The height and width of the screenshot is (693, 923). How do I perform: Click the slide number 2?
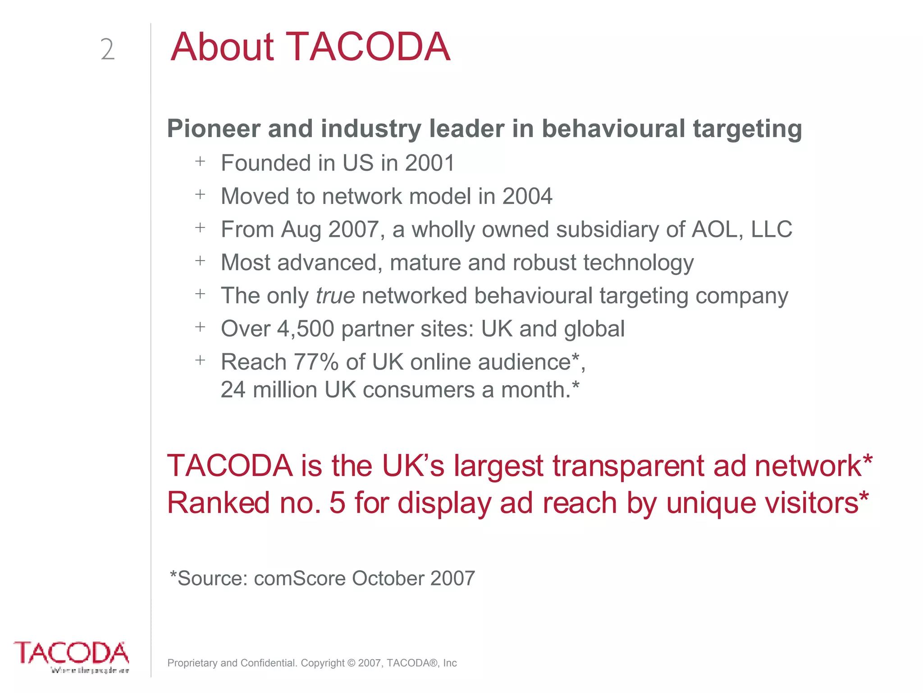point(107,50)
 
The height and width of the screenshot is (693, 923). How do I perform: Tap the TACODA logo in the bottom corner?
point(72,656)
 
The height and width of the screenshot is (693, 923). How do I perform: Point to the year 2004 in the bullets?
point(527,196)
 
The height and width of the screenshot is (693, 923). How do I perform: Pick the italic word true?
point(335,296)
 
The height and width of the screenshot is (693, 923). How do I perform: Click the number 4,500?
point(306,329)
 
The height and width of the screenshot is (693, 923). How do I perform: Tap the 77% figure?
point(316,362)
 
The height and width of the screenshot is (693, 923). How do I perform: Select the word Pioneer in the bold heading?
point(214,129)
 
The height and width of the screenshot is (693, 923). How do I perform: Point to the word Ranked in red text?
point(218,503)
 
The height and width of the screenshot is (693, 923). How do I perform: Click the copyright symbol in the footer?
point(351,663)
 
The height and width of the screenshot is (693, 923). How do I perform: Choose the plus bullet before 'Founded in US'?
point(200,161)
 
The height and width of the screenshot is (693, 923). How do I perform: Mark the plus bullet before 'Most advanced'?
point(200,261)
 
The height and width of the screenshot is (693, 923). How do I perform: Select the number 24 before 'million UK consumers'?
point(233,390)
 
